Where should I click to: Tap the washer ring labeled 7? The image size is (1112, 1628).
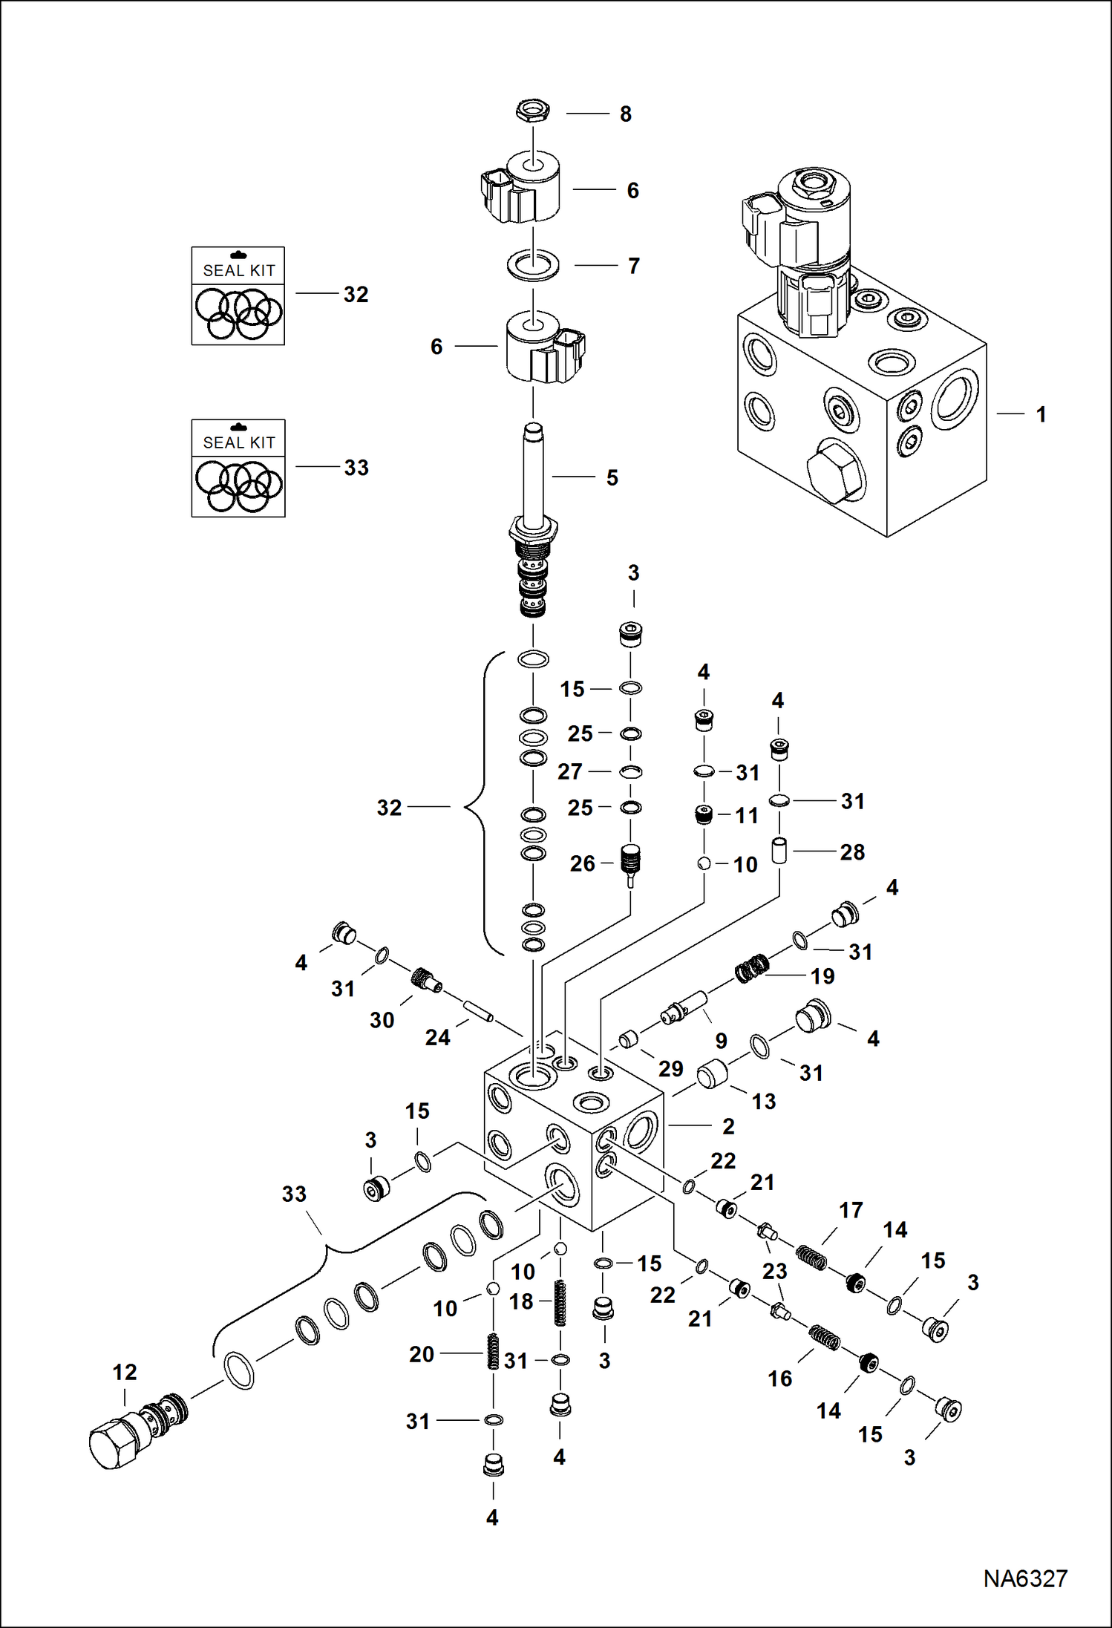pyautogui.click(x=533, y=265)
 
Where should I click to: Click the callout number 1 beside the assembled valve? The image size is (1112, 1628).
pyautogui.click(x=1041, y=414)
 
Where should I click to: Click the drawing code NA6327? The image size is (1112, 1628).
pyautogui.click(x=1024, y=1578)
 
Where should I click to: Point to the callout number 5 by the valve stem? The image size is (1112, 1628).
pyautogui.click(x=612, y=477)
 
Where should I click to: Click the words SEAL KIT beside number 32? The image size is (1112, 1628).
pyautogui.click(x=238, y=270)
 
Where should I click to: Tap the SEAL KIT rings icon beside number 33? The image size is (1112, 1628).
pyautogui.click(x=238, y=486)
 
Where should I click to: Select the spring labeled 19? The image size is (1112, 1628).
pyautogui.click(x=752, y=969)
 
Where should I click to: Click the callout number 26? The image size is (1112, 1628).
pyautogui.click(x=582, y=863)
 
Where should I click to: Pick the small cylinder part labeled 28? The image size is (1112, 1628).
pyautogui.click(x=779, y=850)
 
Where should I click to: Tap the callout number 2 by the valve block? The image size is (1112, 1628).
pyautogui.click(x=728, y=1126)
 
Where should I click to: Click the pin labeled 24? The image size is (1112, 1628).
pyautogui.click(x=479, y=1011)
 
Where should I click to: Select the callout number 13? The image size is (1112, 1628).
pyautogui.click(x=763, y=1102)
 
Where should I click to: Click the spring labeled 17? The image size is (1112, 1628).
pyautogui.click(x=811, y=1258)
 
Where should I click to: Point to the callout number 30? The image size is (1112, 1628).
pyautogui.click(x=382, y=1020)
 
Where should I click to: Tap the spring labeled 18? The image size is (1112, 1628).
pyautogui.click(x=561, y=1303)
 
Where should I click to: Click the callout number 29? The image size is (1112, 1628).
pyautogui.click(x=670, y=1068)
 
